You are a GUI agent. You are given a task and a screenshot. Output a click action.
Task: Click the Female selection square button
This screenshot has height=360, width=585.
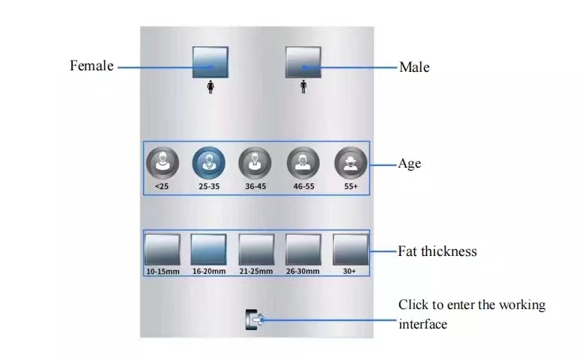tap(210, 62)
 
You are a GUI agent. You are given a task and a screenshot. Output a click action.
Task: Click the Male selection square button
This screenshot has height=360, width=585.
tap(303, 62)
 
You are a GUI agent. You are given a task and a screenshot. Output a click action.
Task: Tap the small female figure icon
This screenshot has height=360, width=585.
tap(210, 88)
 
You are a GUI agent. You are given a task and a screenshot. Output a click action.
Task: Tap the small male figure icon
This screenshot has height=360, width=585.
tap(303, 88)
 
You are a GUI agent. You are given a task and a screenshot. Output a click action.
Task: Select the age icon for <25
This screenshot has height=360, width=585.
tap(162, 162)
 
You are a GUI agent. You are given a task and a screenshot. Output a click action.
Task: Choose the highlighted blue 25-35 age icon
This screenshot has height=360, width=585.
tap(209, 162)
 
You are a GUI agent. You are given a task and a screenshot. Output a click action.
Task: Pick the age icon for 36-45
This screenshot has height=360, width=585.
tap(256, 162)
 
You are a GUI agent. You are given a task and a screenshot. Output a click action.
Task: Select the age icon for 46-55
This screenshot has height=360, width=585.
tap(303, 162)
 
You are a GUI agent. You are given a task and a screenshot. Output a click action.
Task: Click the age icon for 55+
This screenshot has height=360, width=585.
tap(351, 162)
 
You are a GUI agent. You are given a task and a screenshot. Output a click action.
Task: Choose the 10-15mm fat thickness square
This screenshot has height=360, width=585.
tap(162, 249)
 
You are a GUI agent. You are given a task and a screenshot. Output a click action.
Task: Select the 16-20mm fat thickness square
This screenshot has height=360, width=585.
tap(209, 249)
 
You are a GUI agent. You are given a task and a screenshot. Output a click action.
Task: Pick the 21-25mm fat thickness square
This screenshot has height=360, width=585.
tap(256, 249)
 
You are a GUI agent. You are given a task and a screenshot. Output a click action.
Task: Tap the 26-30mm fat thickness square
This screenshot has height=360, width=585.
tap(303, 249)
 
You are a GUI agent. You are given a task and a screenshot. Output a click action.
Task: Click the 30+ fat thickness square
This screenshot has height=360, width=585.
tap(351, 249)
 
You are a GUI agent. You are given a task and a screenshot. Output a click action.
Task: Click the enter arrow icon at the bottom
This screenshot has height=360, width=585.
tap(254, 320)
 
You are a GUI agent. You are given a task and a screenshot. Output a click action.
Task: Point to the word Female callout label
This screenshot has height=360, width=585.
tap(91, 66)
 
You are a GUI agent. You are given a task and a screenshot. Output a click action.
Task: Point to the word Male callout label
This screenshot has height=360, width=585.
tap(414, 67)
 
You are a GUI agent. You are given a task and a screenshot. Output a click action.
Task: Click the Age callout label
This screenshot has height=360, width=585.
tap(409, 163)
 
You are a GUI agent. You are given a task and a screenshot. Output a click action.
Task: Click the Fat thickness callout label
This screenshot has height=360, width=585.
tap(437, 251)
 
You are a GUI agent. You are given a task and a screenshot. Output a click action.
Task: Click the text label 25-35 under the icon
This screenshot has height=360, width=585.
tap(209, 186)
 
